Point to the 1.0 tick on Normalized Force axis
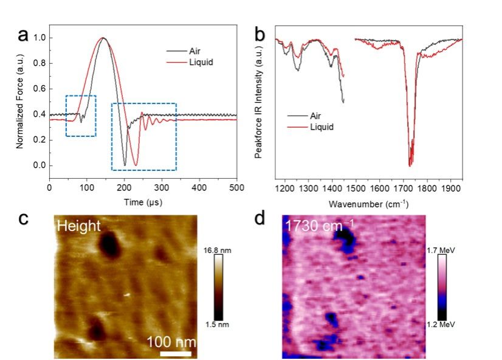click(41, 38)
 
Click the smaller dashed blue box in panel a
click(81, 116)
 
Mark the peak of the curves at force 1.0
click(103, 38)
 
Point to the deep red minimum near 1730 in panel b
click(410, 164)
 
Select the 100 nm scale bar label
click(171, 341)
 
